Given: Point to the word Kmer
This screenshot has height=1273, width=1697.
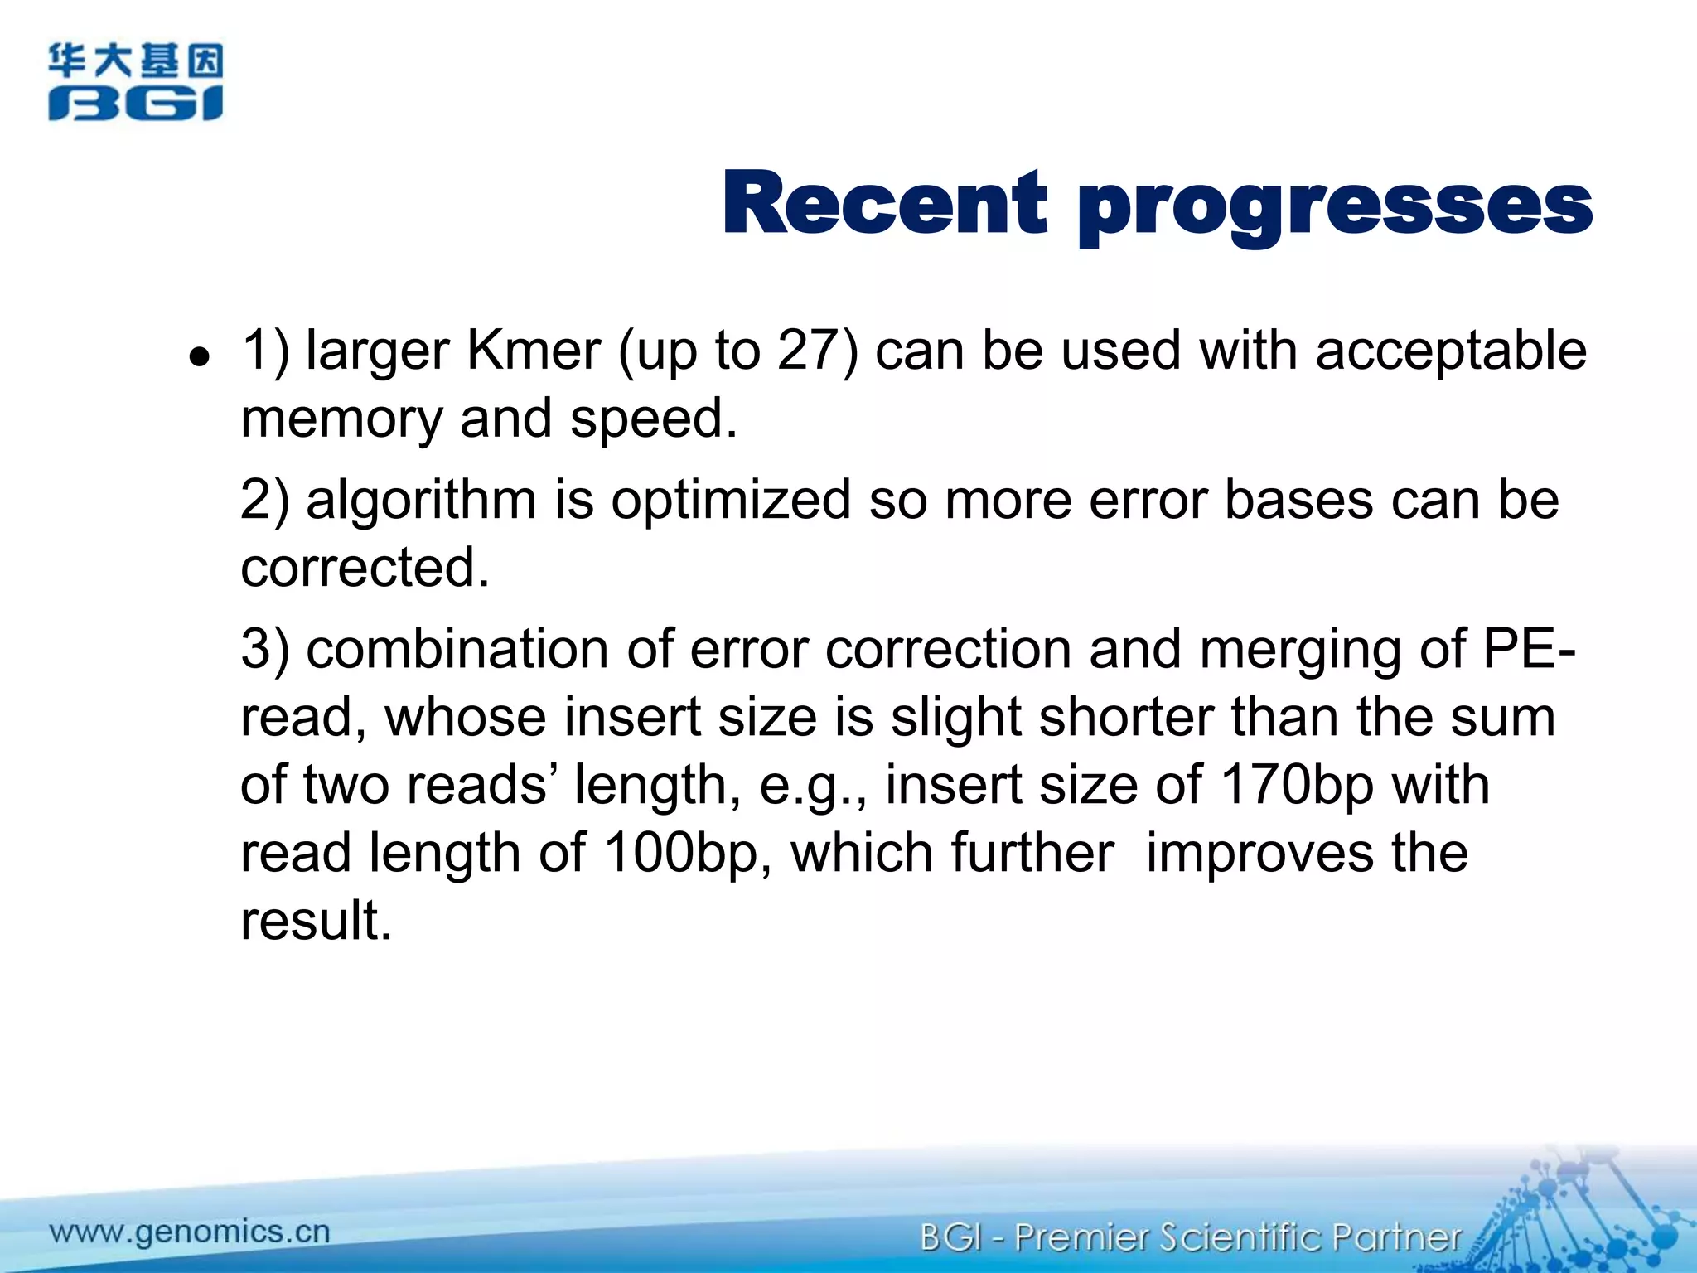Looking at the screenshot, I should coord(534,351).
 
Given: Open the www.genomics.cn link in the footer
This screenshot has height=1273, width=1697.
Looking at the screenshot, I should coord(190,1232).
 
